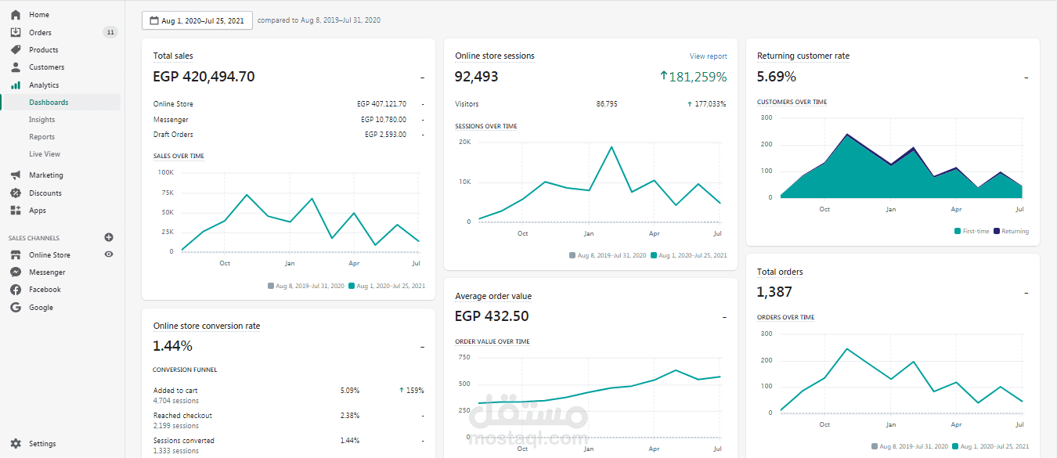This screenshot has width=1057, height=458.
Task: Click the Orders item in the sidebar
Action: coord(40,33)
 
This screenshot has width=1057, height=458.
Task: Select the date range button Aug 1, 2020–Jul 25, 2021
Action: coord(197,21)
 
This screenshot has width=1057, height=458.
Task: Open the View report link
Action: coord(708,56)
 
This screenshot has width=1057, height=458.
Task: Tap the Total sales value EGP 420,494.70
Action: coord(204,77)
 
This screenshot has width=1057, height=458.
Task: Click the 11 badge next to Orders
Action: coord(110,33)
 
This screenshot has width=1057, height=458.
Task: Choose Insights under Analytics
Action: coord(42,120)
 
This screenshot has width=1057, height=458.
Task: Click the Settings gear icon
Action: coord(16,444)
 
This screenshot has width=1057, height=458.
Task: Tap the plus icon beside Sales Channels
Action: coord(109,237)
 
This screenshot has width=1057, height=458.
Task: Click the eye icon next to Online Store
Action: coord(109,254)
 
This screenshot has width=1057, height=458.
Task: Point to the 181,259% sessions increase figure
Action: coord(693,77)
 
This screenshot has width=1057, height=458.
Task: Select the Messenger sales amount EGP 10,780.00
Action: coord(384,120)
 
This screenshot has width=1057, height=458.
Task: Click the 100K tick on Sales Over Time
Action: coord(166,173)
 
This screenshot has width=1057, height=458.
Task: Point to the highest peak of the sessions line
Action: coord(611,147)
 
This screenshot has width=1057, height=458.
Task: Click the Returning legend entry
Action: coord(1012,231)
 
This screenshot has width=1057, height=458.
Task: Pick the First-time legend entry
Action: coord(972,231)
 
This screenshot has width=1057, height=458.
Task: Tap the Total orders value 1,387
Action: coord(774,292)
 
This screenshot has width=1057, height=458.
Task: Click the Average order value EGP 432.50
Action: coord(492,316)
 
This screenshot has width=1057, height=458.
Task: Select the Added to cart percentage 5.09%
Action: coord(350,391)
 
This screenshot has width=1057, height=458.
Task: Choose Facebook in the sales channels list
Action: coord(45,290)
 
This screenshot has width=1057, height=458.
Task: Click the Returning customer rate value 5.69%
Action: coord(776,77)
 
